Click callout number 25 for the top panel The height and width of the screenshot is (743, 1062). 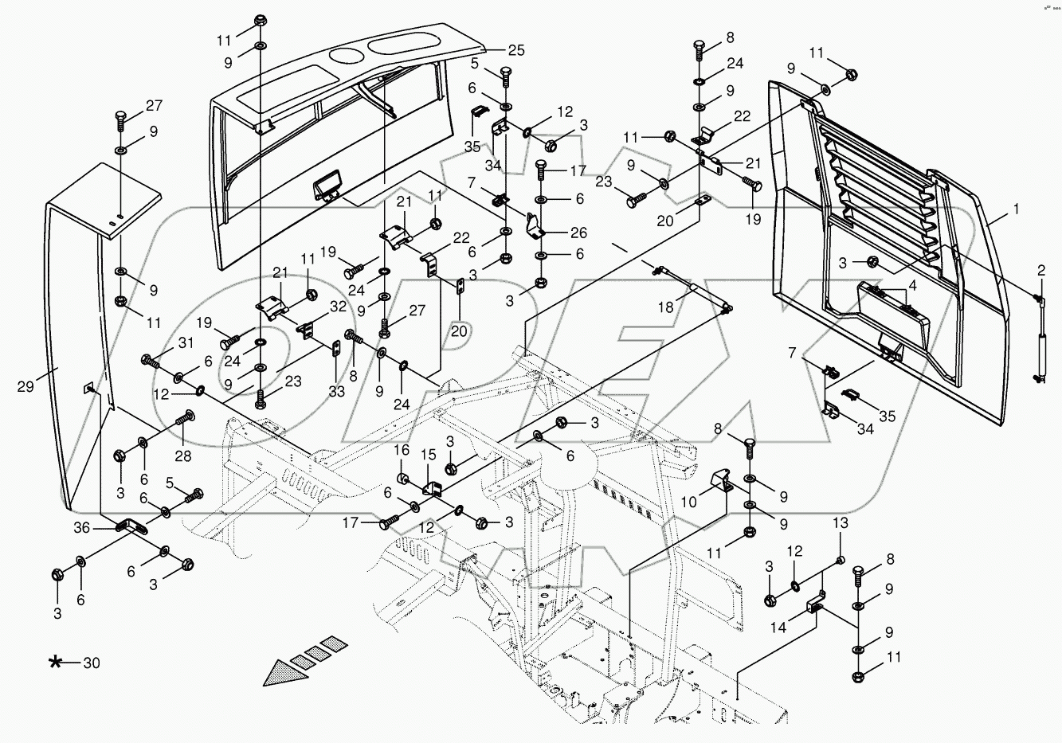click(x=515, y=50)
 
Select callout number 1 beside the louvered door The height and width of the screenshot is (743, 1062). click(x=1016, y=209)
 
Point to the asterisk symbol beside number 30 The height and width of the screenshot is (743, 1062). click(x=55, y=662)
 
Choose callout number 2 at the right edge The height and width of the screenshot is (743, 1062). click(x=1040, y=272)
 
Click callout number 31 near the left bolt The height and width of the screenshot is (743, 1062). click(x=185, y=342)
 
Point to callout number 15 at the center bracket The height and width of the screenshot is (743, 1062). click(x=429, y=454)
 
